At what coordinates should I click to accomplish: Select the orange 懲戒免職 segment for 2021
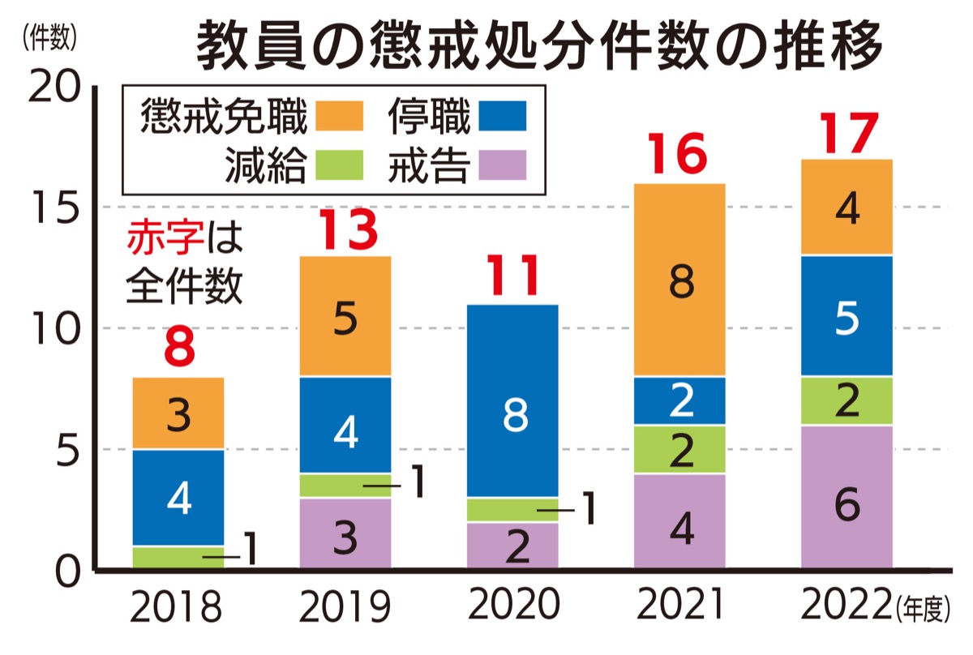(679, 280)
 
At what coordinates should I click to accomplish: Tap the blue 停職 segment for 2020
(513, 400)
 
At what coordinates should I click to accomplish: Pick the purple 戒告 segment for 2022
(847, 497)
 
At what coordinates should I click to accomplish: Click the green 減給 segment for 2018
(178, 558)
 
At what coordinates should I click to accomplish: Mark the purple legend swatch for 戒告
(502, 166)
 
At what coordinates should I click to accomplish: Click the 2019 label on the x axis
(345, 606)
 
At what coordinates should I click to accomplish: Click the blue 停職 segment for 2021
(679, 401)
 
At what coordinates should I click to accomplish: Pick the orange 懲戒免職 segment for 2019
(345, 317)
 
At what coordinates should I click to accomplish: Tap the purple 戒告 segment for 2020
(513, 545)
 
